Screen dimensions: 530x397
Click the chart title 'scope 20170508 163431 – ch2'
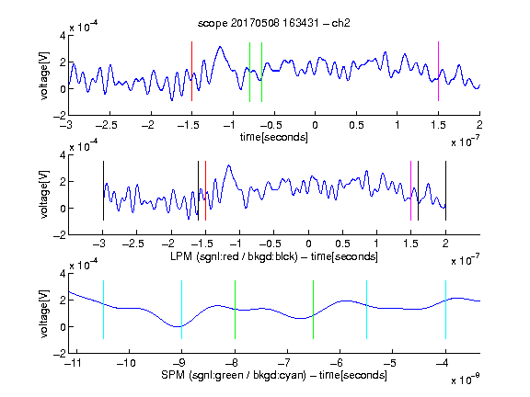[x=273, y=23]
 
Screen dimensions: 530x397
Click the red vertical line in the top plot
[x=191, y=72]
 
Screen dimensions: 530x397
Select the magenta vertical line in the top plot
[x=438, y=72]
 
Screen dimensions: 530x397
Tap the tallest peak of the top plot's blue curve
[x=221, y=47]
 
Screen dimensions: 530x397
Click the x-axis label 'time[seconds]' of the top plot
[x=274, y=137]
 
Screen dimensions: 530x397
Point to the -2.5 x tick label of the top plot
[x=107, y=125]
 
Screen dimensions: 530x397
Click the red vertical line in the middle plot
[x=205, y=191]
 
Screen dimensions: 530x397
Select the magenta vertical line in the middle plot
[x=410, y=191]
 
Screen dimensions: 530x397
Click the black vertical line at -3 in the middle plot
[x=103, y=191]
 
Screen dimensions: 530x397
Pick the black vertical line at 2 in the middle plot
[x=445, y=191]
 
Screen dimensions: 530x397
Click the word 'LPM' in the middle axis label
[x=181, y=256]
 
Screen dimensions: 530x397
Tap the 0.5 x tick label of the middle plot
[x=342, y=244]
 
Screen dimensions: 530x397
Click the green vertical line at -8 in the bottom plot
[x=235, y=310]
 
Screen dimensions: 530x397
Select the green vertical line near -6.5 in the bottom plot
[x=314, y=310]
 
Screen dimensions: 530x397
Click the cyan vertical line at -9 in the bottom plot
[x=181, y=310]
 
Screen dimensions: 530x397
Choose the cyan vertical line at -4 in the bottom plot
[x=445, y=310]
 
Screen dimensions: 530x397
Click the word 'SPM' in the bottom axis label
[x=173, y=375]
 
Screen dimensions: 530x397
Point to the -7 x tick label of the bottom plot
[x=286, y=363]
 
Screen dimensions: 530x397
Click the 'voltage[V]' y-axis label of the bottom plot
[x=44, y=313]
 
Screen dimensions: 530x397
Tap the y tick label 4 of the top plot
[x=63, y=36]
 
